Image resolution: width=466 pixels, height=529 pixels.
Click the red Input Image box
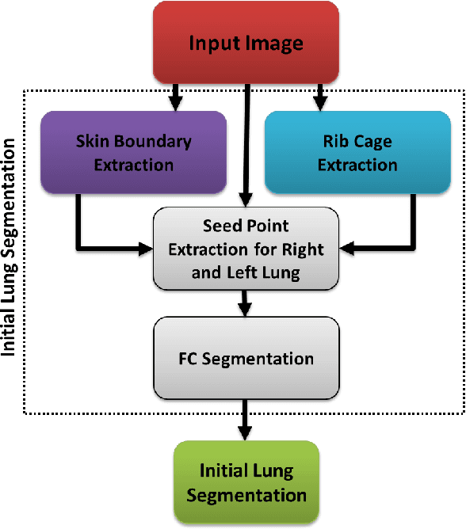pos(246,42)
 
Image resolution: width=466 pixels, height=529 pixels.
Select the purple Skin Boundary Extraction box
pos(133,153)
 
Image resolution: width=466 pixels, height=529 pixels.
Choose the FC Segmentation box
pos(246,358)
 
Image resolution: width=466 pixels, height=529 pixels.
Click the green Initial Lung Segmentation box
pos(246,483)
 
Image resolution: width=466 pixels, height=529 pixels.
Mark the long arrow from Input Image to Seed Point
pos(247,143)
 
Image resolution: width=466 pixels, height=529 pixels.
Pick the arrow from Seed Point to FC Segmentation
pos(246,302)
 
